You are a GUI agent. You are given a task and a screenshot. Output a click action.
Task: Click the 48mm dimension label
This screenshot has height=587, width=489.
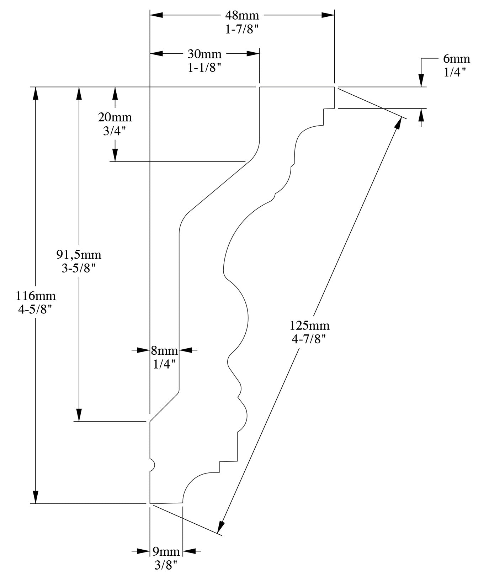242,16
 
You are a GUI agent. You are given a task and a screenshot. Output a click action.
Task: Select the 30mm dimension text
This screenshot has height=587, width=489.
204,54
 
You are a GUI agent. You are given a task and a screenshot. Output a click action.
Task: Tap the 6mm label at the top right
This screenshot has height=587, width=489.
456,59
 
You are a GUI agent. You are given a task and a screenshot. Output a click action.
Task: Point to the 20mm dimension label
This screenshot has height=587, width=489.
115,117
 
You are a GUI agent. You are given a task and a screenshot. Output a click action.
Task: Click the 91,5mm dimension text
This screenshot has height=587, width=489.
79,255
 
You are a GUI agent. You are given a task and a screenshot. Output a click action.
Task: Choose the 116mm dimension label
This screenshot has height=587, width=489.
36,296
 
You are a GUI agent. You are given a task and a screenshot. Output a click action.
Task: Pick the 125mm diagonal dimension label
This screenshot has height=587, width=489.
309,326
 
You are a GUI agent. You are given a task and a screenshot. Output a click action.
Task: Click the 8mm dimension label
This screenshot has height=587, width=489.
164,351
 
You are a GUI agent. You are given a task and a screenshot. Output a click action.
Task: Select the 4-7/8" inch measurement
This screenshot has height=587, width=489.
309,340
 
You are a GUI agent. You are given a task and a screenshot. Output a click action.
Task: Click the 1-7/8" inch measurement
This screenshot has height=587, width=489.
242,30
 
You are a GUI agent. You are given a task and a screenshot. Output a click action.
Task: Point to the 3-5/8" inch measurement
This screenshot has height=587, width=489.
79,269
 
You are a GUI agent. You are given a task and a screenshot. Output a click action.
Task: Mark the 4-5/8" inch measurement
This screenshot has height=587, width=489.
36,310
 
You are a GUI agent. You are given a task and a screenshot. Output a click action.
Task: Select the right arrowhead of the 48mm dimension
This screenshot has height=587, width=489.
328,15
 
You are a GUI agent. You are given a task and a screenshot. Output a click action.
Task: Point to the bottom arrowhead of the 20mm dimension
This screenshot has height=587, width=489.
115,155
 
